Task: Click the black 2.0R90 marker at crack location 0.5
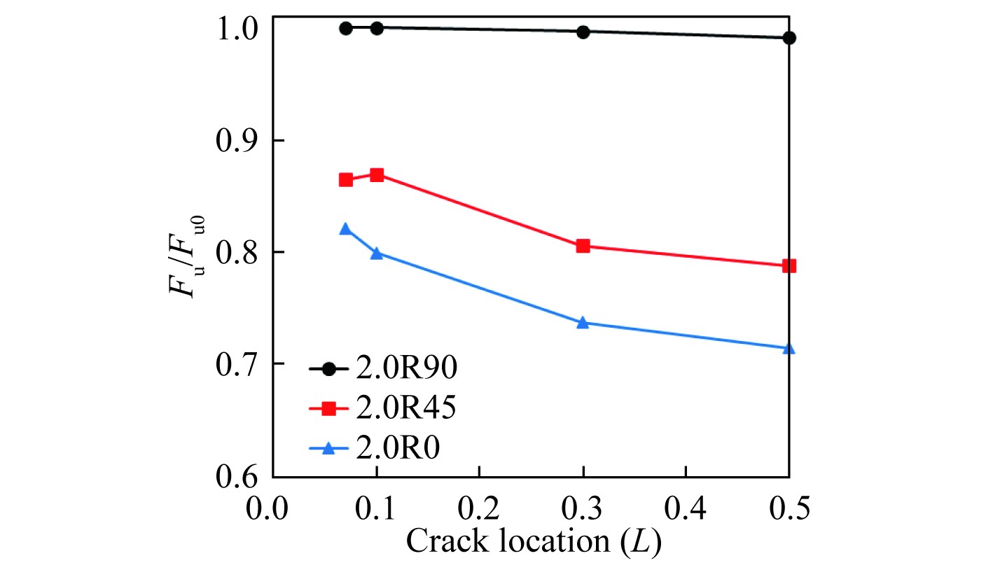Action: pyautogui.click(x=789, y=38)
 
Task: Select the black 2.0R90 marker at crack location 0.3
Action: pyautogui.click(x=583, y=32)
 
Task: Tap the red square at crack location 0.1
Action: pyautogui.click(x=377, y=174)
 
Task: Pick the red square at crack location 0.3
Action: pyautogui.click(x=583, y=246)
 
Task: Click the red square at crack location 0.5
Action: pyautogui.click(x=789, y=266)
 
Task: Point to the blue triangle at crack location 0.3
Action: pyautogui.click(x=583, y=322)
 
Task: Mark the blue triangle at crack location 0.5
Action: pyautogui.click(x=789, y=348)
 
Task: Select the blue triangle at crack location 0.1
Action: pyautogui.click(x=377, y=253)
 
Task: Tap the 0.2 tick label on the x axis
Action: pyautogui.click(x=479, y=508)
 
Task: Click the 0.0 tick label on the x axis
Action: pyautogui.click(x=273, y=508)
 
